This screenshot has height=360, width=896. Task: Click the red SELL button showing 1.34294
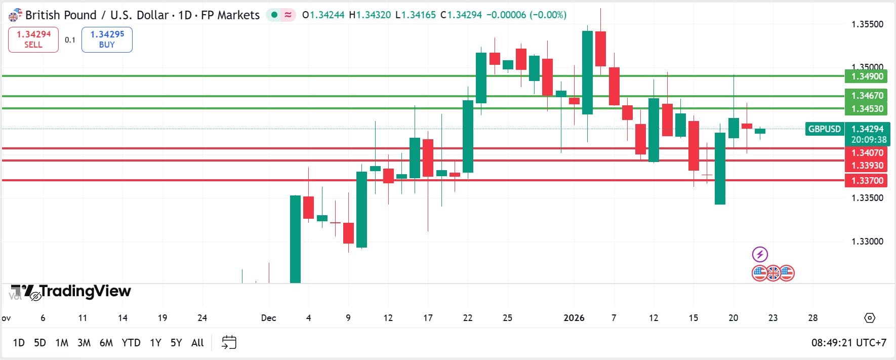point(33,39)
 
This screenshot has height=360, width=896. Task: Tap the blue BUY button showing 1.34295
point(107,39)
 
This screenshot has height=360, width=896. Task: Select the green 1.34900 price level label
point(867,76)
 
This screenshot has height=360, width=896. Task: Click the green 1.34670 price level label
point(867,96)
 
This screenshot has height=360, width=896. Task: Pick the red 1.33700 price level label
point(867,181)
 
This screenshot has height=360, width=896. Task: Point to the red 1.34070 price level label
point(867,152)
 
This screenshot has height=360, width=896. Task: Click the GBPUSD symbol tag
point(824,129)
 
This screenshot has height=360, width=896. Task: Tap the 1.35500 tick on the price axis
point(867,24)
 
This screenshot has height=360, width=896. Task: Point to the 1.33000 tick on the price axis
point(867,242)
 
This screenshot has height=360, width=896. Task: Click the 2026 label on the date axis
point(574,318)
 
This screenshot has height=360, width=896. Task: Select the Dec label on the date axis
point(268,318)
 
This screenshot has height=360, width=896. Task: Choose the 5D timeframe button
point(39,343)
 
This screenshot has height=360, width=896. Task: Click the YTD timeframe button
point(131,343)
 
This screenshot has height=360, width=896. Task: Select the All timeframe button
point(197,343)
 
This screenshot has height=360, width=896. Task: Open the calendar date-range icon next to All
point(229,343)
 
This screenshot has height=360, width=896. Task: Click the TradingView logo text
point(85,291)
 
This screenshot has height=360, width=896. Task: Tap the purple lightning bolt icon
point(760,254)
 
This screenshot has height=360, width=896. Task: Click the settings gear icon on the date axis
point(869,318)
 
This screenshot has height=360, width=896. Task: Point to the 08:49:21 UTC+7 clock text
point(848,343)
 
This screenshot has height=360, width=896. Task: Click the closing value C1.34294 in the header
point(461,15)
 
